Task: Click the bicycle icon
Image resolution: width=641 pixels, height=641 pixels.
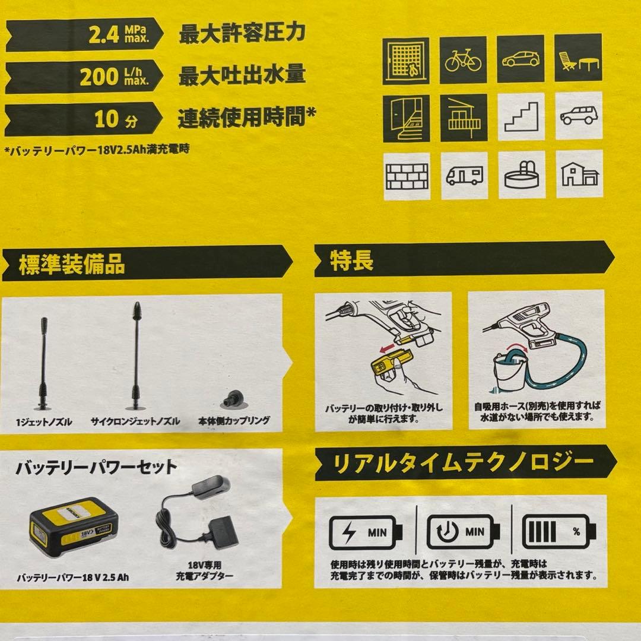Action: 464,59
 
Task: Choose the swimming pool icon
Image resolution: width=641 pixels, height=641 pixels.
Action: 521,175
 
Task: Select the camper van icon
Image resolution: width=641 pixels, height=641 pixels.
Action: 464,175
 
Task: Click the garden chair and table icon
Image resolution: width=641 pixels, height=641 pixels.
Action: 578,59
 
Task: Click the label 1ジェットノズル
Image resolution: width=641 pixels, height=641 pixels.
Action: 45,421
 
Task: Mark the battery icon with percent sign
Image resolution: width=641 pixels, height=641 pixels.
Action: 556,532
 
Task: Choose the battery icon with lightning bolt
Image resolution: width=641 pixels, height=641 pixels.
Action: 365,532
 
